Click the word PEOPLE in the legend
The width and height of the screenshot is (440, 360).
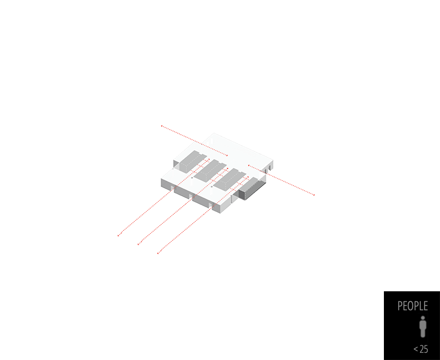coord(413,306)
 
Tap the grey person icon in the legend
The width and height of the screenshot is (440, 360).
coord(422,326)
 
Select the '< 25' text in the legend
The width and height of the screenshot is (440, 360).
coord(421,349)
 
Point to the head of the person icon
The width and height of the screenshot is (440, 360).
coord(422,318)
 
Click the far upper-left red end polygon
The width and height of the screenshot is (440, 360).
coord(162,125)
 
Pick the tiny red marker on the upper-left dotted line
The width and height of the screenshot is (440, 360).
coord(177,132)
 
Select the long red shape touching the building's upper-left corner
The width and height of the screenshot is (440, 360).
coord(193,139)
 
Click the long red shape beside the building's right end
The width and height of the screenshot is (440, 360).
coord(279,178)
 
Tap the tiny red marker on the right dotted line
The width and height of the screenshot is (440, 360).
coord(298,188)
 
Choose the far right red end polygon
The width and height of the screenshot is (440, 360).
coord(313,194)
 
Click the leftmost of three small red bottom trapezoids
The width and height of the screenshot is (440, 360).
coord(117,237)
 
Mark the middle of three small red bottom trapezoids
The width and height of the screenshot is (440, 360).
coord(136,245)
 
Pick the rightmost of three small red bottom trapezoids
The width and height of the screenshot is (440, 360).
coord(157,254)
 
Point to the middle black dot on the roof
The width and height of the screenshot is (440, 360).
coord(212,187)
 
